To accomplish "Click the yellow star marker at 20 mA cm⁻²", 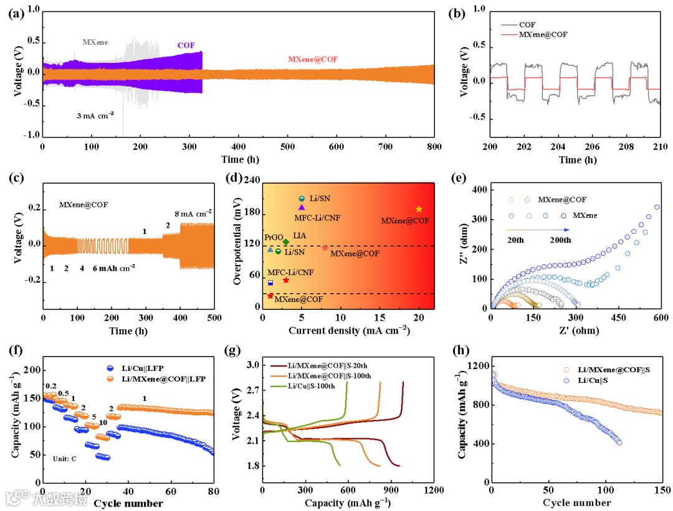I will coord(419,209).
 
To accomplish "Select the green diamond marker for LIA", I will coord(286,241).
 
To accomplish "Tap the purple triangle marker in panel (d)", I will coord(302,207).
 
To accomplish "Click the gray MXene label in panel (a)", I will coord(95,42).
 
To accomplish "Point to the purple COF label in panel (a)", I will coord(186,45).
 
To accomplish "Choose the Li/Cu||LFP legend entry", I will coord(144,368).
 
